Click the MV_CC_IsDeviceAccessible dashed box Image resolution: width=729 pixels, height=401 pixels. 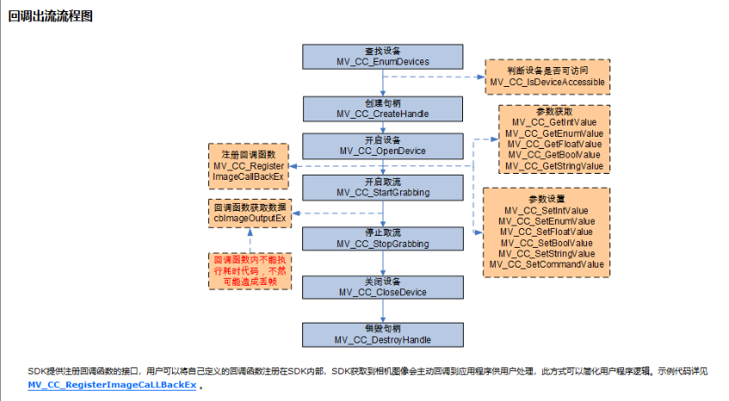(x=547, y=77)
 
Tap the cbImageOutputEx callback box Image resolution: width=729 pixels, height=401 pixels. (x=250, y=213)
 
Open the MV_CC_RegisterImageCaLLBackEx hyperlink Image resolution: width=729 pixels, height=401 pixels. (x=112, y=385)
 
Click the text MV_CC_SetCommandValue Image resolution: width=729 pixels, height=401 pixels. (x=546, y=264)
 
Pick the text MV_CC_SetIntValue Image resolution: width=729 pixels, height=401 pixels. (x=546, y=211)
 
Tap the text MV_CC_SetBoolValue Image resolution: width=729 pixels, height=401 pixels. (x=546, y=243)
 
